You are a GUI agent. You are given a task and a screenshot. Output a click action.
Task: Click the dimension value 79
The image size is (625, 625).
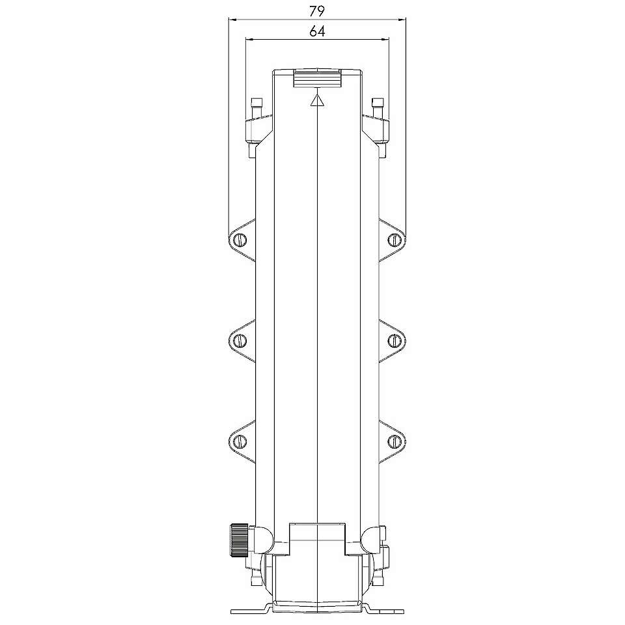click(x=317, y=11)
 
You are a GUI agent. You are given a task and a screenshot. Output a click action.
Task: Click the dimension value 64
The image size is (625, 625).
click(x=317, y=31)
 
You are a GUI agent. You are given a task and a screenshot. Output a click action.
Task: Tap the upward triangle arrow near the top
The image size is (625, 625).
click(x=317, y=101)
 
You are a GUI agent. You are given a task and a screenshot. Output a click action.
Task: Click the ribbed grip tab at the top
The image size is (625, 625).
click(x=318, y=78)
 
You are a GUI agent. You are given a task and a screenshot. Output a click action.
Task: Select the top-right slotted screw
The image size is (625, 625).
click(x=394, y=240)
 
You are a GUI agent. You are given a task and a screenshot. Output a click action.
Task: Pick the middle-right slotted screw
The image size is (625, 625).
click(x=394, y=340)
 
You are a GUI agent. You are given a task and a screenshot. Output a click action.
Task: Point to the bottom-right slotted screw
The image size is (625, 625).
click(x=394, y=441)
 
